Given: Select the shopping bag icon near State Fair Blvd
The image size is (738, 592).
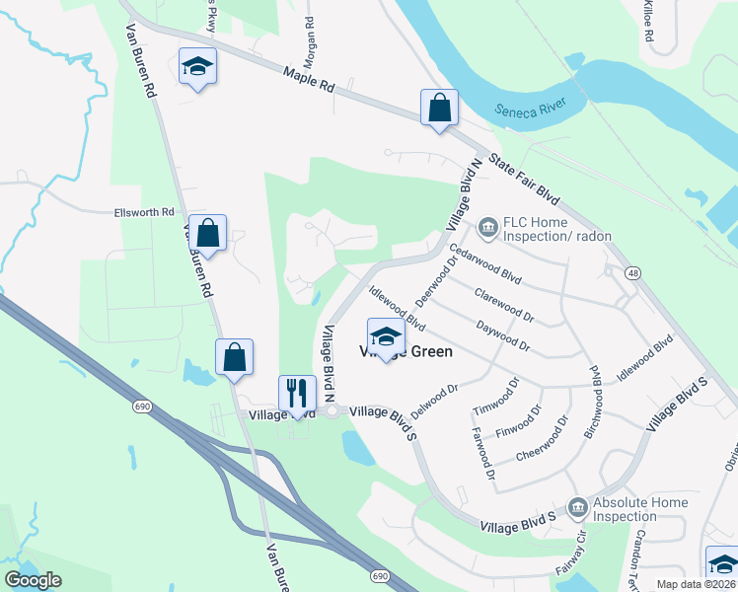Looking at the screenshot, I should [439, 109].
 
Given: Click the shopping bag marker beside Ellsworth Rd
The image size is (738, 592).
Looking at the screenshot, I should [208, 234].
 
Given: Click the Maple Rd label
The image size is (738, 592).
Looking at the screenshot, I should [308, 78].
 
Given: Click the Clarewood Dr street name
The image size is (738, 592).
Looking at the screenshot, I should [503, 305].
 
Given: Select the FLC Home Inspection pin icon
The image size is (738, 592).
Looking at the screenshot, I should [487, 229].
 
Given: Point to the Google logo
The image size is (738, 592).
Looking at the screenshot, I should [33, 580].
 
